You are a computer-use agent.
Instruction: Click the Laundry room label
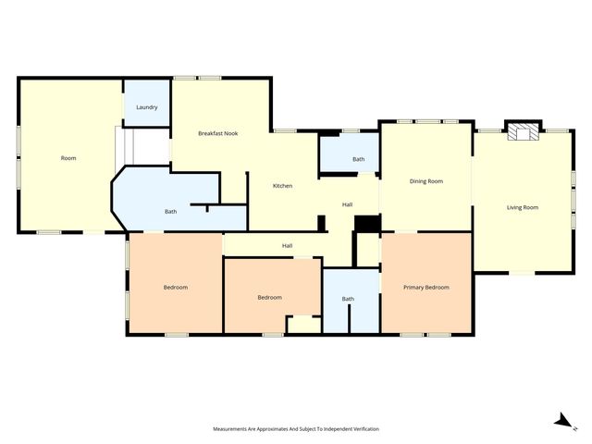pos(146,107)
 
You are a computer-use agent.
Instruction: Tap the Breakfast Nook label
pos(218,134)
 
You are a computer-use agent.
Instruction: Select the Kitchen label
pos(282,186)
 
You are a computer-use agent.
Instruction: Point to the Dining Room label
pos(425,181)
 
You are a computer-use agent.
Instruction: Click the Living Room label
pos(523,207)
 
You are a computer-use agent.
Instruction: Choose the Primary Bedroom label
pos(426,288)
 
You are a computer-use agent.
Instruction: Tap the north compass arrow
pos(561,421)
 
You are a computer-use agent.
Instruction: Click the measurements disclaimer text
pos(296,429)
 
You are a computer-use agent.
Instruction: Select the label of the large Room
pos(68,158)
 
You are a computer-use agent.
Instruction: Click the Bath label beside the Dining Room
pos(359,159)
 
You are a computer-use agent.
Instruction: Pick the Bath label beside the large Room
pos(171,212)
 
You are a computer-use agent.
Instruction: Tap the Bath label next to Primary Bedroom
pos(348,299)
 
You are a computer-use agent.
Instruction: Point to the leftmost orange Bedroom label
pos(176,288)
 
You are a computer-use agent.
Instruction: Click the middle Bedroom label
pos(269,297)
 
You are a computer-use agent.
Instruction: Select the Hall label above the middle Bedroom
pos(288,245)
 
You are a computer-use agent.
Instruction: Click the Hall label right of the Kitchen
pos(347,204)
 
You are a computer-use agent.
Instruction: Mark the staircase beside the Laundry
pos(129,144)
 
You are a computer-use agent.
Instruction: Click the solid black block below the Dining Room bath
pos(367,224)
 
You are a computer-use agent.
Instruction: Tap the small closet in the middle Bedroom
pos(302,325)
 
